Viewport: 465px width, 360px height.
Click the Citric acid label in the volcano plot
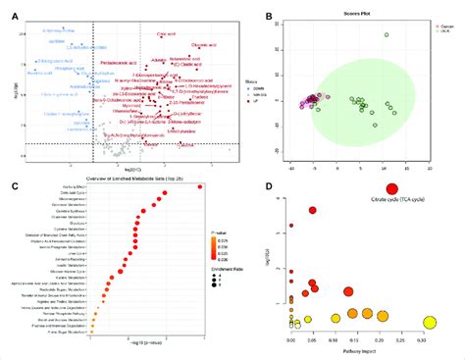pos(167,34)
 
